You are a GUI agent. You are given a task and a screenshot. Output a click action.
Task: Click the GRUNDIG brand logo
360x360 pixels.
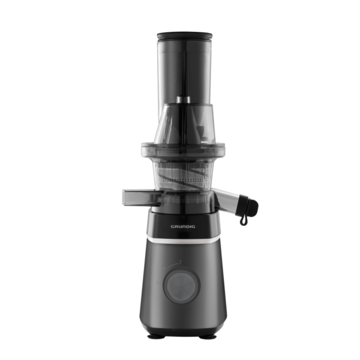click(x=183, y=227)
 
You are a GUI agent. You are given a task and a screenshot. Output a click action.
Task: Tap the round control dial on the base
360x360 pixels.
click(x=181, y=285)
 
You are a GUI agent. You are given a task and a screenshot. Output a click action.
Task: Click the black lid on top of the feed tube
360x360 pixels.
click(x=185, y=36)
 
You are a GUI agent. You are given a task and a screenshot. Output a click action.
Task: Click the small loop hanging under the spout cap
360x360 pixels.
click(x=244, y=220)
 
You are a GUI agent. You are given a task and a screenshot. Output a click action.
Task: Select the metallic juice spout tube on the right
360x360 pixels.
click(x=226, y=198)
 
